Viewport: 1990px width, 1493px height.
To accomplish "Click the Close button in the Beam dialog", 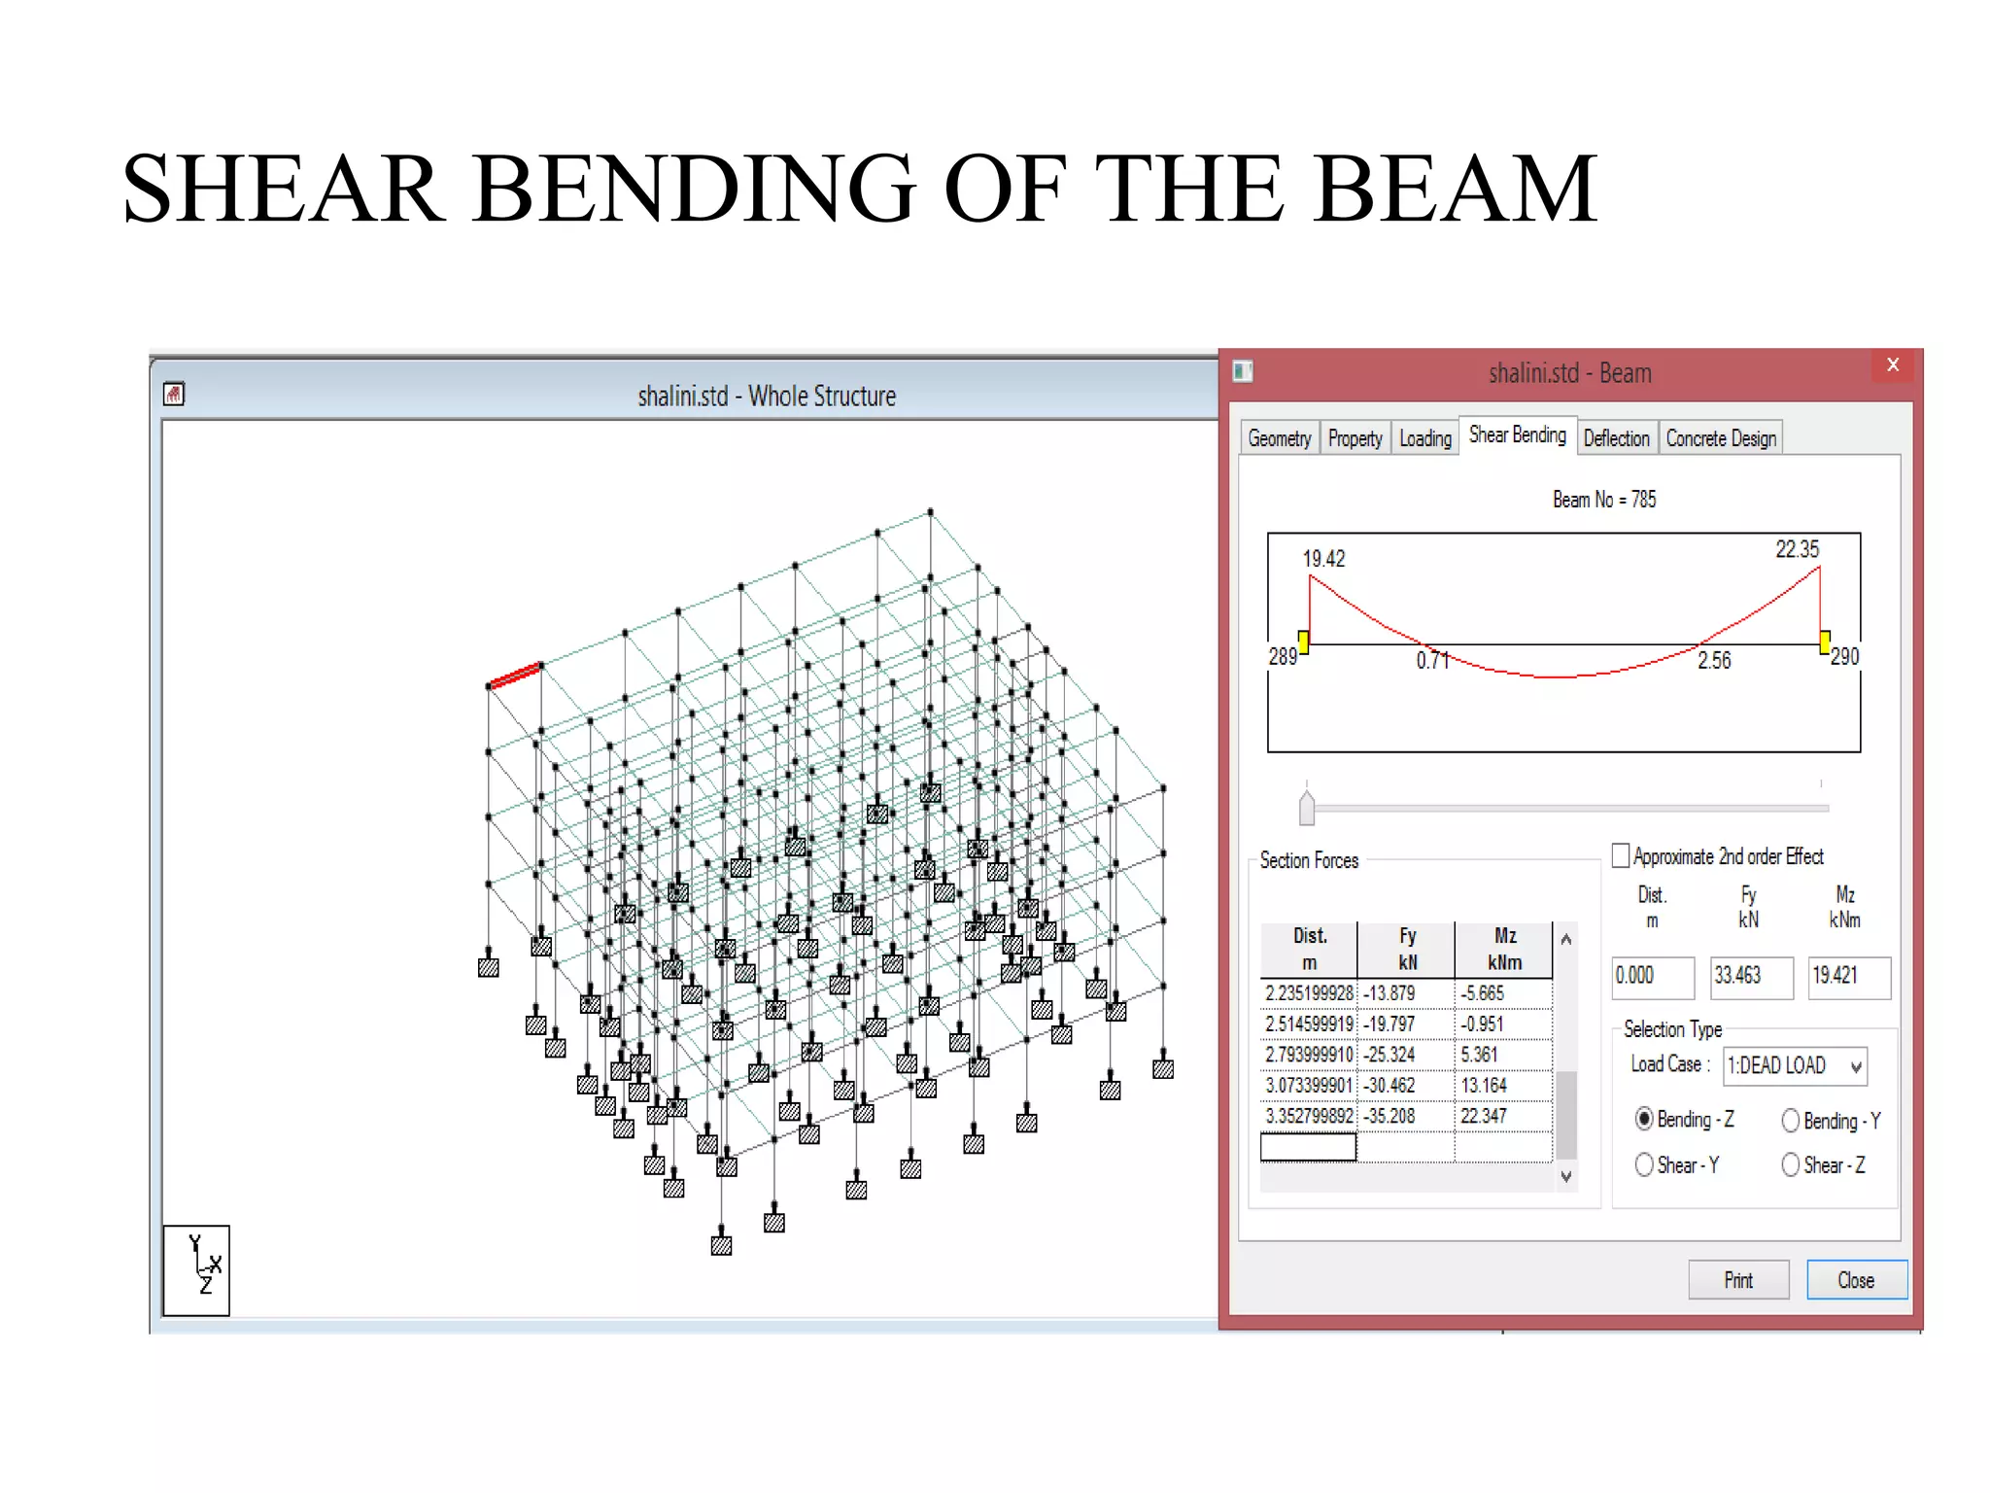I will (1855, 1280).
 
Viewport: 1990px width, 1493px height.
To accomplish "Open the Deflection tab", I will (1616, 438).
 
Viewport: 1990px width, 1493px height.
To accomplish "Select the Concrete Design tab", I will (1721, 438).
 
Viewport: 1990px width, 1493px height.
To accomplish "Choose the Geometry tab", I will (1279, 438).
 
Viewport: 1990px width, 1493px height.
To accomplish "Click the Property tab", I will (1355, 438).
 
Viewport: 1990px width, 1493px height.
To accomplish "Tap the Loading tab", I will (1424, 438).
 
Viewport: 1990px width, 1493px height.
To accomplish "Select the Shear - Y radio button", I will (1644, 1164).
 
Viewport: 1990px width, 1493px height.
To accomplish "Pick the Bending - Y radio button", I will (1790, 1121).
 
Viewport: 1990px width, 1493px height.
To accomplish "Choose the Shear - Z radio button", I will (1790, 1164).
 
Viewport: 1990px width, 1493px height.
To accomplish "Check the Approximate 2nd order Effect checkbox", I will (1621, 855).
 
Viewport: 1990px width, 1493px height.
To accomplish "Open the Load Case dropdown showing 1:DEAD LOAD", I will (1795, 1065).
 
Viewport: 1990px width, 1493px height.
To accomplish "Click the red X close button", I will (1892, 365).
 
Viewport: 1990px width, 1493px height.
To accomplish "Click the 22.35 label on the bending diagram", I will (1797, 549).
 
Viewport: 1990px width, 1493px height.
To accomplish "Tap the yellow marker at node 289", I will (1303, 641).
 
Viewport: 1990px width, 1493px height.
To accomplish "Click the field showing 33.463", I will (1750, 976).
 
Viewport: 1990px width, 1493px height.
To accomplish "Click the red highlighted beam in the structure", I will (515, 675).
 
